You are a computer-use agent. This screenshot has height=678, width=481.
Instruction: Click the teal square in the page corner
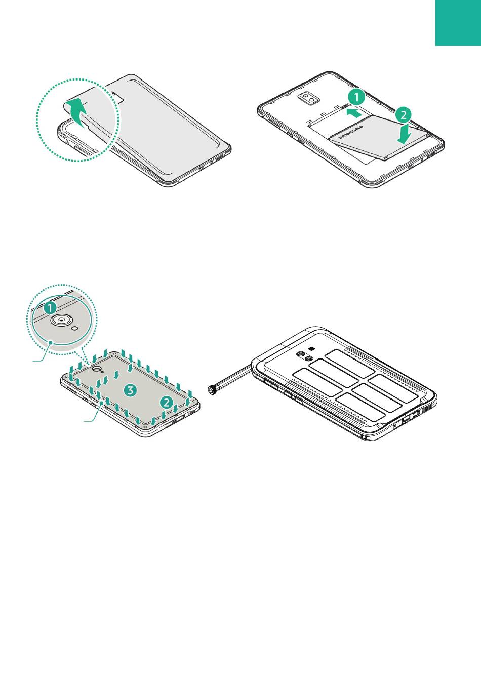pyautogui.click(x=458, y=23)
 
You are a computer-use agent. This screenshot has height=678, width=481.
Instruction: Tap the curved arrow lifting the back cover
pyautogui.click(x=77, y=112)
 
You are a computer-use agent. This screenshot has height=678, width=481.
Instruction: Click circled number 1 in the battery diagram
pyautogui.click(x=356, y=97)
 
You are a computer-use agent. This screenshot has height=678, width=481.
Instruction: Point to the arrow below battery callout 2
pyautogui.click(x=405, y=133)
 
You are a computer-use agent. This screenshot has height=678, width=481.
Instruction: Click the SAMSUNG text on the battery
pyautogui.click(x=351, y=132)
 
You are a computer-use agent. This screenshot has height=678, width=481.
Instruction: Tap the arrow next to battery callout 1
pyautogui.click(x=354, y=114)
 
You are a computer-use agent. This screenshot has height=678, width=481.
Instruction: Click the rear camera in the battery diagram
pyautogui.click(x=309, y=98)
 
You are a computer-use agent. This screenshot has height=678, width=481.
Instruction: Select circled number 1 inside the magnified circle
pyautogui.click(x=50, y=308)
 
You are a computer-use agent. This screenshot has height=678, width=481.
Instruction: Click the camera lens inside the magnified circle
pyautogui.click(x=62, y=320)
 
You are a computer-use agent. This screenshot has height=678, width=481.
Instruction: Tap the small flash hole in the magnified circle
pyautogui.click(x=75, y=328)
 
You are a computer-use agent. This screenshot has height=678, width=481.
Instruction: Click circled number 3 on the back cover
pyautogui.click(x=131, y=390)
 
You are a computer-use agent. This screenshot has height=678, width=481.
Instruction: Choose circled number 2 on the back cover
pyautogui.click(x=167, y=402)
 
